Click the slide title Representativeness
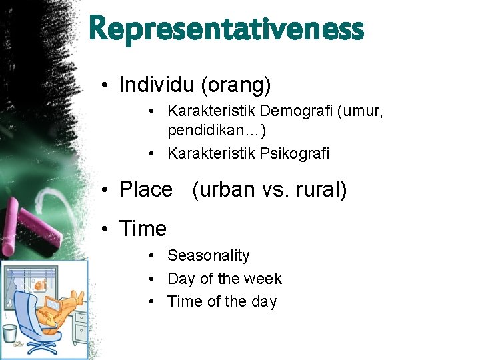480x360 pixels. (226, 29)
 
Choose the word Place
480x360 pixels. (145, 190)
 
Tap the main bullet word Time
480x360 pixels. (143, 229)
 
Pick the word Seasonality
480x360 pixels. (209, 256)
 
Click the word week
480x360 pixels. (265, 279)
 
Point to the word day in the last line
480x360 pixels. (263, 301)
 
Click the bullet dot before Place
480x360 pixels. (106, 191)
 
